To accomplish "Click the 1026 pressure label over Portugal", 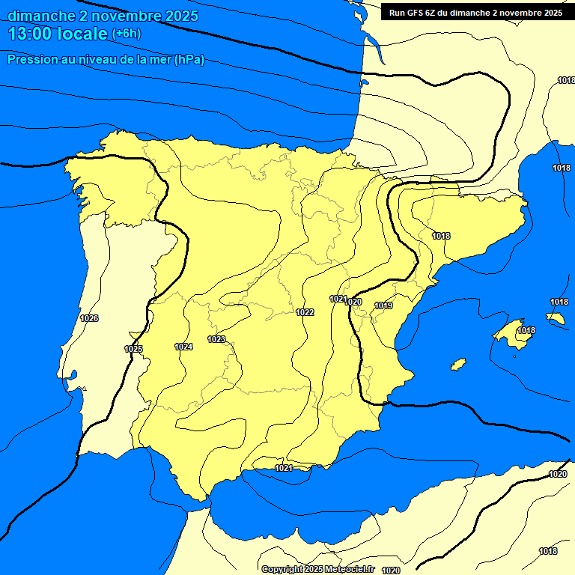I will [89, 318].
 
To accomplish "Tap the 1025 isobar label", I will [133, 349].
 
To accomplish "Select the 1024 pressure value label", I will [183, 347].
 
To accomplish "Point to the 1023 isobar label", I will [216, 339].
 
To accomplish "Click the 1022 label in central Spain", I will [305, 312].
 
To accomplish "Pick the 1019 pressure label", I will [384, 305].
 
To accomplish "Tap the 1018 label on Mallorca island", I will [526, 330].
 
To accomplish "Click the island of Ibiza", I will [458, 365].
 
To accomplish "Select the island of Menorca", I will [555, 318].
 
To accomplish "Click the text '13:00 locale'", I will [57, 33].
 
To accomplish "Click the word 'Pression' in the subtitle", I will [32, 60].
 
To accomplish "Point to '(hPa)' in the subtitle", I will [189, 60].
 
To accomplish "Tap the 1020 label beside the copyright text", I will [390, 570].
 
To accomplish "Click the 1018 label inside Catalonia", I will [441, 236].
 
